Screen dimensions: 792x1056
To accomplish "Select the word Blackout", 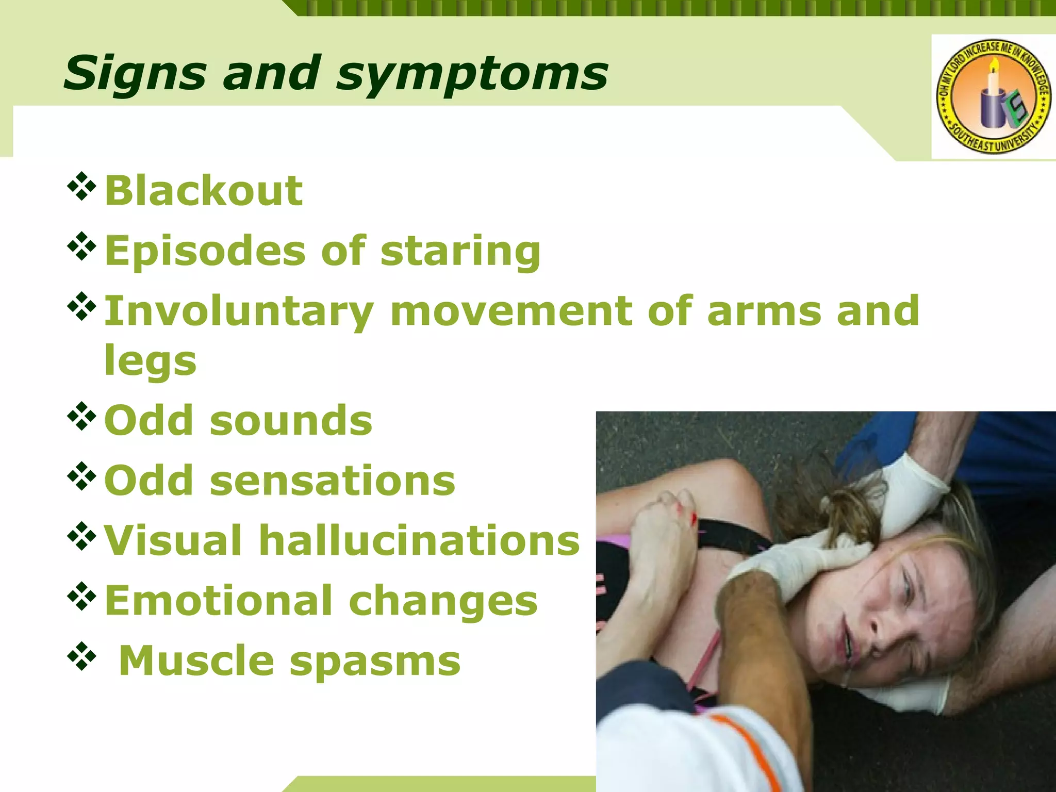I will coord(204,191).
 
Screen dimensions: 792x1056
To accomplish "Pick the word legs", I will coord(150,361).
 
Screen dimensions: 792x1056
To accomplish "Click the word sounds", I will coord(291,421).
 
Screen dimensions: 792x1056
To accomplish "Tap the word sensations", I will coord(333,481).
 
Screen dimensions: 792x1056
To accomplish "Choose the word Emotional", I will coord(219,601).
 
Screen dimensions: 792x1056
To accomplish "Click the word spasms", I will coord(375,661).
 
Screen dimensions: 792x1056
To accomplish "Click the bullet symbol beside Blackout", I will coord(81,186).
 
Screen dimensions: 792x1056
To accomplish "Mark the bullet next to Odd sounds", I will coord(81,416).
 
